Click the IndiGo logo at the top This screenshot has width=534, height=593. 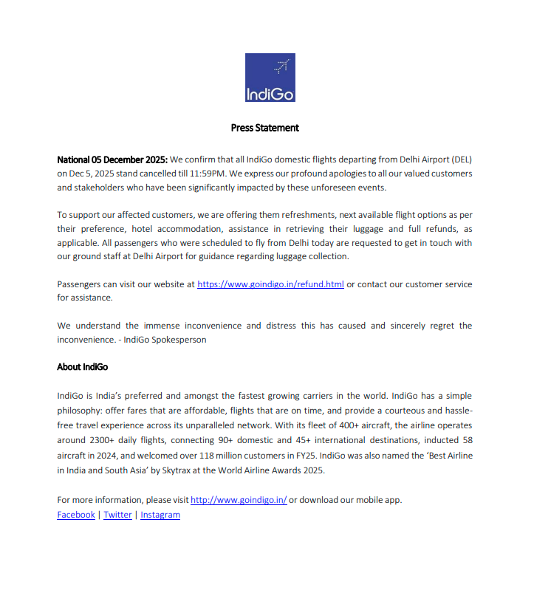pos(270,78)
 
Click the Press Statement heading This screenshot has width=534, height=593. pos(264,128)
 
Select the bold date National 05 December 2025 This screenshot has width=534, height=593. pos(112,159)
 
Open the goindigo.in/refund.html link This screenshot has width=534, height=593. pos(270,284)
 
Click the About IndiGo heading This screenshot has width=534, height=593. pos(82,367)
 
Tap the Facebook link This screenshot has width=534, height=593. pos(76,515)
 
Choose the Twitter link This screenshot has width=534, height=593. pos(117,515)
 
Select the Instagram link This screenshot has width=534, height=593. pos(160,515)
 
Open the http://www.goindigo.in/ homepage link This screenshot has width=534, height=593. pos(239,500)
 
